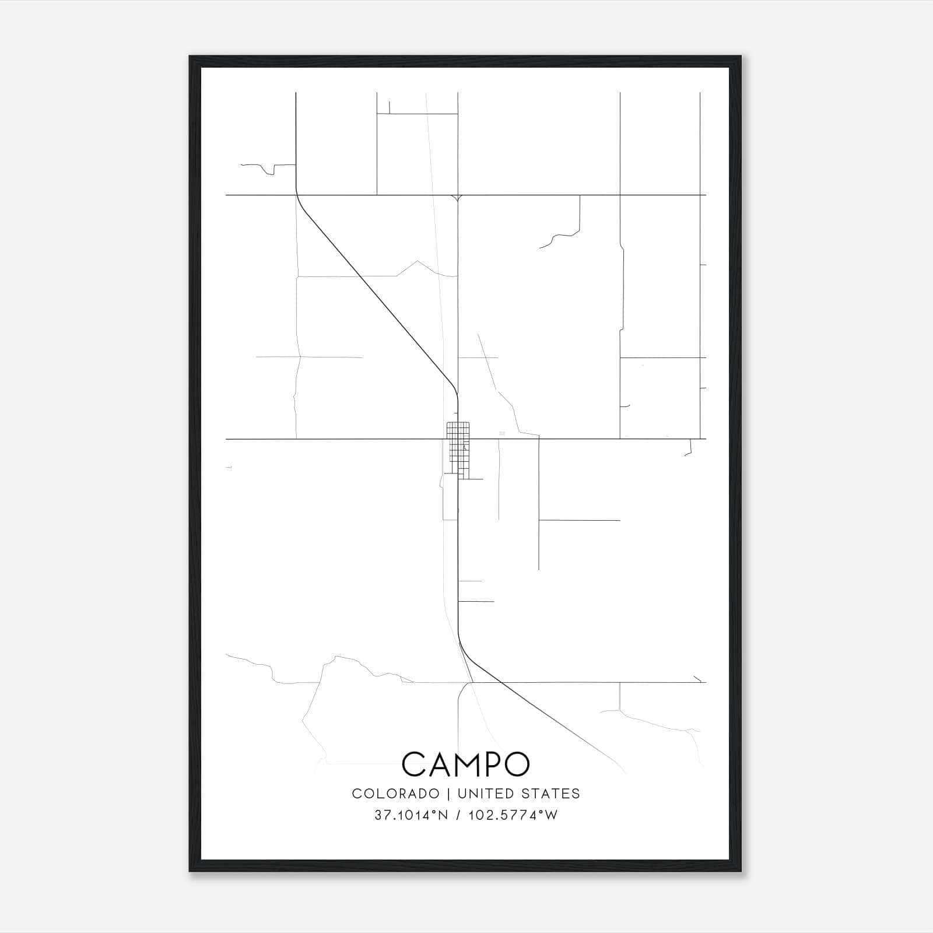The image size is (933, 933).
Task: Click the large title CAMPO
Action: point(465,764)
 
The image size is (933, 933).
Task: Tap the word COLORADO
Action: point(395,793)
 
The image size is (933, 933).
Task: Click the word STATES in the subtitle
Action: point(551,793)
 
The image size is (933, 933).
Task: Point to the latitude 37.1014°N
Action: point(411,815)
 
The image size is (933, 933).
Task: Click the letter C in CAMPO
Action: point(414,764)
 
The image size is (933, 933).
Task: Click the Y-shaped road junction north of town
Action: point(458,199)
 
